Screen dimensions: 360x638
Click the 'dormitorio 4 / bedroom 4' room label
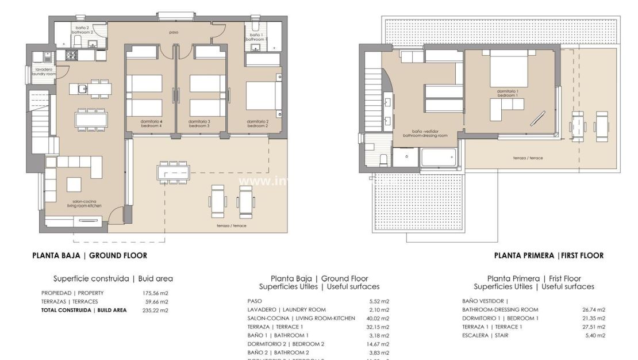151,123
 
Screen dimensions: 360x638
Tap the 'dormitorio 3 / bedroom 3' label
201,123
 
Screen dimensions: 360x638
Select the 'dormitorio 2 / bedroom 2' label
257,123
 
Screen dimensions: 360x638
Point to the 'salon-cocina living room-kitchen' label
69,203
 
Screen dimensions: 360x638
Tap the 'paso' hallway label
174,32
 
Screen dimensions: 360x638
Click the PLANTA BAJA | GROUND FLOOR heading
89,255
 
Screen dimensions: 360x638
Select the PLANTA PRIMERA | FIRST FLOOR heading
549,255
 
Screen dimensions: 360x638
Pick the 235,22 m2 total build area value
155,310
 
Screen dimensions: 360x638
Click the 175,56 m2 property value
155,293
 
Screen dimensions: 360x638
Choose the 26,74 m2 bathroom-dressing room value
594,309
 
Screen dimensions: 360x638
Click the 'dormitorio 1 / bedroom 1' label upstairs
508,93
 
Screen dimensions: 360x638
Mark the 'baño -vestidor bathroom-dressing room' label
425,133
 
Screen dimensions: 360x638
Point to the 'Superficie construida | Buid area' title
113,278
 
